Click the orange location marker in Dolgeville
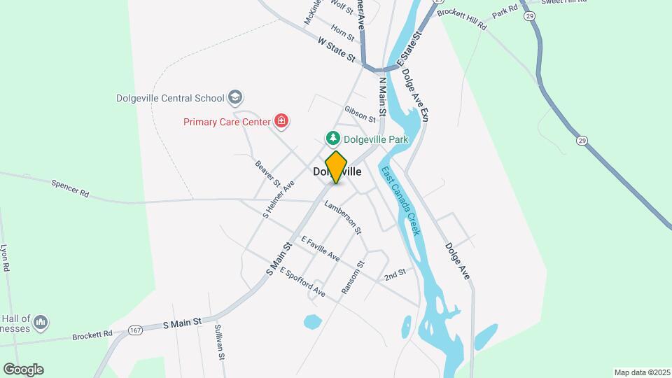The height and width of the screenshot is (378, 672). pyautogui.click(x=337, y=167)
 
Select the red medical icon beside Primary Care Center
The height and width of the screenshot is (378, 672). pyautogui.click(x=281, y=122)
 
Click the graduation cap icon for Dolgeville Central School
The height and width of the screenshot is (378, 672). pyautogui.click(x=236, y=98)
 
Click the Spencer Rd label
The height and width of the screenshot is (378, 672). pyautogui.click(x=71, y=188)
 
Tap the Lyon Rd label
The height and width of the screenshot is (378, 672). pyautogui.click(x=4, y=258)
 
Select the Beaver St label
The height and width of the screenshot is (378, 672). pyautogui.click(x=267, y=174)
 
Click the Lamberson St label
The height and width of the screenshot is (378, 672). pyautogui.click(x=343, y=216)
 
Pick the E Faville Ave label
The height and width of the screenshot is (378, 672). pyautogui.click(x=321, y=248)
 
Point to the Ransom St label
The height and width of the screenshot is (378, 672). pyautogui.click(x=354, y=278)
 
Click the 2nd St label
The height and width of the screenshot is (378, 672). pyautogui.click(x=395, y=274)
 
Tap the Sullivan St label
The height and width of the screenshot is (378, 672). pyautogui.click(x=220, y=342)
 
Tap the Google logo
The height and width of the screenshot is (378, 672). pyautogui.click(x=23, y=369)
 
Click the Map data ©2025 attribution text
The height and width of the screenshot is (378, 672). pyautogui.click(x=641, y=372)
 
